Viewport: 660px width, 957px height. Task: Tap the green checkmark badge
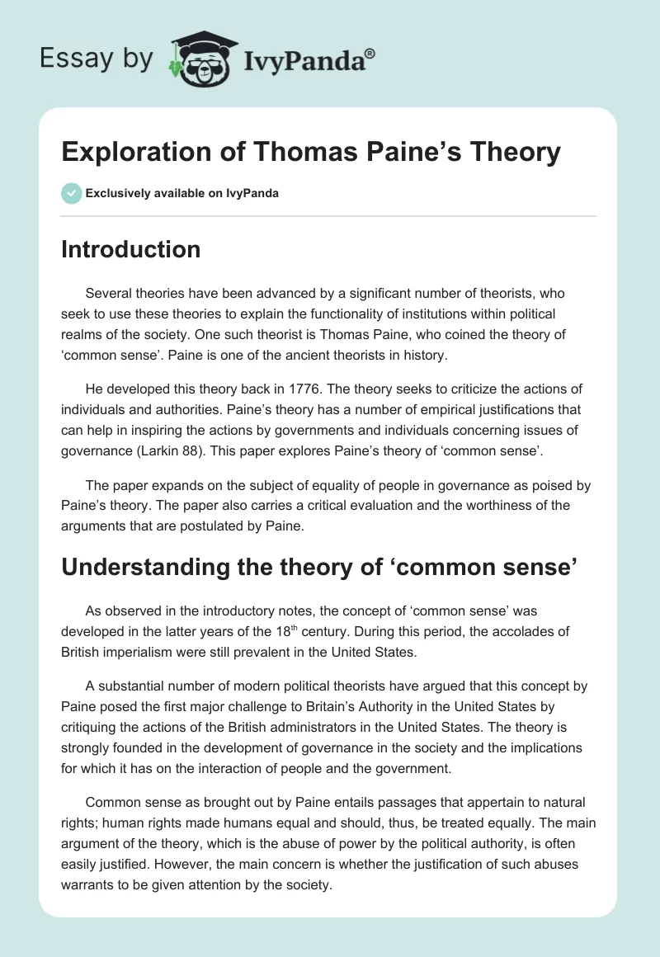point(71,193)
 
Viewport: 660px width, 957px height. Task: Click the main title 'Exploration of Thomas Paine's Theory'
point(311,152)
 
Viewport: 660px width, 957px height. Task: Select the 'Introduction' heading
point(130,249)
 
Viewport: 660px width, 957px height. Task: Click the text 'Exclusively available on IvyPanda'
point(182,193)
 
